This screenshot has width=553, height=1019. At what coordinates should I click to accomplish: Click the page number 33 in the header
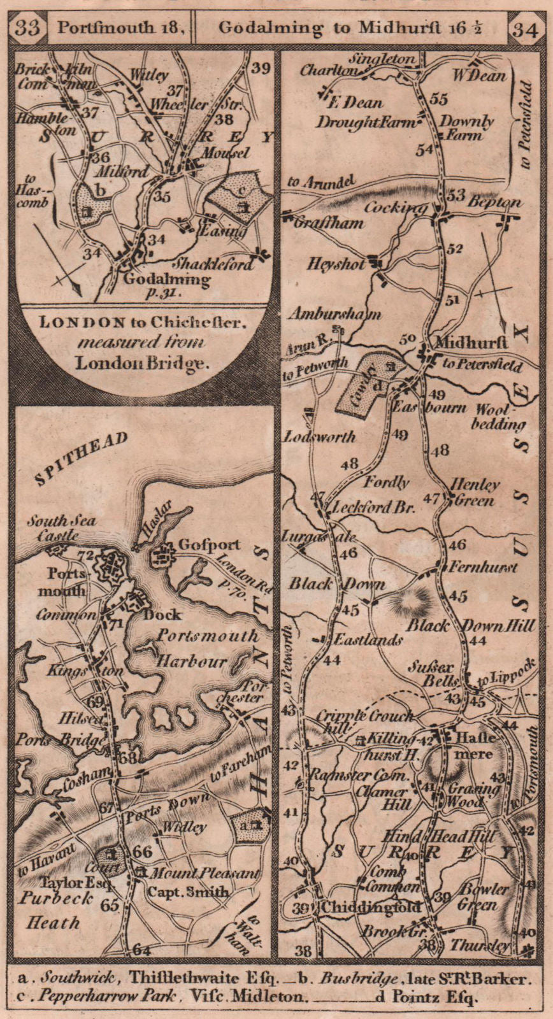tap(29, 28)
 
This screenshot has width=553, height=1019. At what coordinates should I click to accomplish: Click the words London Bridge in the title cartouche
tap(141, 364)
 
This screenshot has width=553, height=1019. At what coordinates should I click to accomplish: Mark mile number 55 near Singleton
tap(439, 99)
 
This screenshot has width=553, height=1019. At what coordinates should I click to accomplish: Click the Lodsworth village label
tap(319, 437)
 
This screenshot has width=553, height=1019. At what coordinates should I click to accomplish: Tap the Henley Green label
tap(473, 492)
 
